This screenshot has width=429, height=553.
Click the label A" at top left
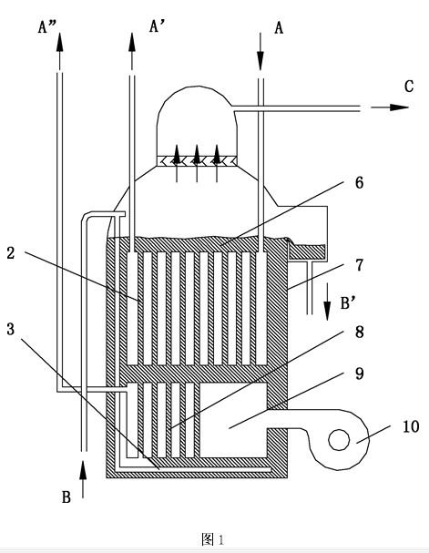point(46,26)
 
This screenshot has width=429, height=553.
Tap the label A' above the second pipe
point(155,26)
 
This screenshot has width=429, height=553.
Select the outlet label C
point(409,87)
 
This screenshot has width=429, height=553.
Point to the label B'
point(347,303)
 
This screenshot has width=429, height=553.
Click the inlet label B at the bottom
point(66,497)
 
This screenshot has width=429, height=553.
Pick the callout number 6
point(359,183)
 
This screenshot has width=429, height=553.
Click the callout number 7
point(359,265)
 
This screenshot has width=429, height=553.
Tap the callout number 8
point(359,332)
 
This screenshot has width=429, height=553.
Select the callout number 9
point(359,374)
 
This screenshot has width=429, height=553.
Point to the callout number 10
point(411,426)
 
